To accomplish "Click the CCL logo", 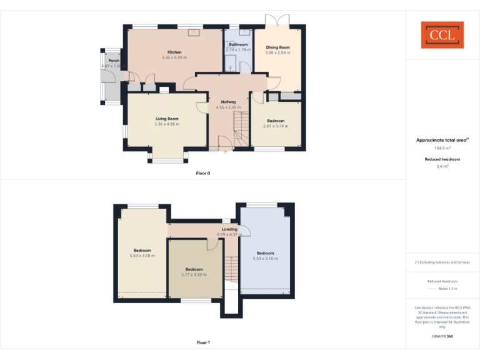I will [x=442, y=35].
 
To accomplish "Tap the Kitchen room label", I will [x=174, y=52].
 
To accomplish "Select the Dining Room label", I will [x=278, y=47].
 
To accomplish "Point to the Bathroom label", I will [x=238, y=44].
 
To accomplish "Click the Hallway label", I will [x=228, y=101].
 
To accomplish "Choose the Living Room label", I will [x=167, y=119].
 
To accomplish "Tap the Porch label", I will [x=114, y=61].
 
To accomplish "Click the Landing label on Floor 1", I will [x=229, y=229].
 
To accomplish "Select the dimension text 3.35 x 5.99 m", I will [x=174, y=57].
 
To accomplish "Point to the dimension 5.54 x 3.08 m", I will [x=142, y=256].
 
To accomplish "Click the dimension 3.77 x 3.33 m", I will [x=194, y=274].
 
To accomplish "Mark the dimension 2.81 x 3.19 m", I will [x=276, y=126].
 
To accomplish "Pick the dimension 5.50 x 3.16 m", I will [x=265, y=258].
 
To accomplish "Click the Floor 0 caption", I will [x=203, y=172].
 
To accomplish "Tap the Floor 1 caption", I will [x=203, y=342].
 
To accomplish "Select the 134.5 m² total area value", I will [x=442, y=148].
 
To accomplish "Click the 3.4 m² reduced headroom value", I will [x=442, y=166].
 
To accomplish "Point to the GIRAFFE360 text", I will [x=442, y=336].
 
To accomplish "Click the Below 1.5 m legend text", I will [x=448, y=289].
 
